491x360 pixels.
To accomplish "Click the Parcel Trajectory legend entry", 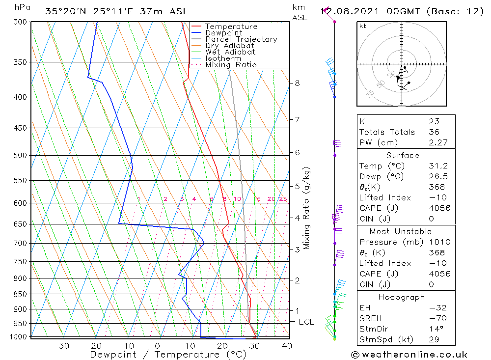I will click(241, 39).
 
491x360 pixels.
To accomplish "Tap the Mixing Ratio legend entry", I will click(231, 65).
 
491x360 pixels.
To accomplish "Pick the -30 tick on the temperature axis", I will click(60, 346).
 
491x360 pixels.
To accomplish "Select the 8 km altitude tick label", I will click(297, 83).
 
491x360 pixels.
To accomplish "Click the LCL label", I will click(306, 322).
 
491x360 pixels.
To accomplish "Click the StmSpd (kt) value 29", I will click(433, 339).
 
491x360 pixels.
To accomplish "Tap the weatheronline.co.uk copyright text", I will click(409, 355).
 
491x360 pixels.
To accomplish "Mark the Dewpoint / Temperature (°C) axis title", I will click(168, 355).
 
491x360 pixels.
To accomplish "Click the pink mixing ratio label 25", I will click(283, 199).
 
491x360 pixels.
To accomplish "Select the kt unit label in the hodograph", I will click(363, 26).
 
